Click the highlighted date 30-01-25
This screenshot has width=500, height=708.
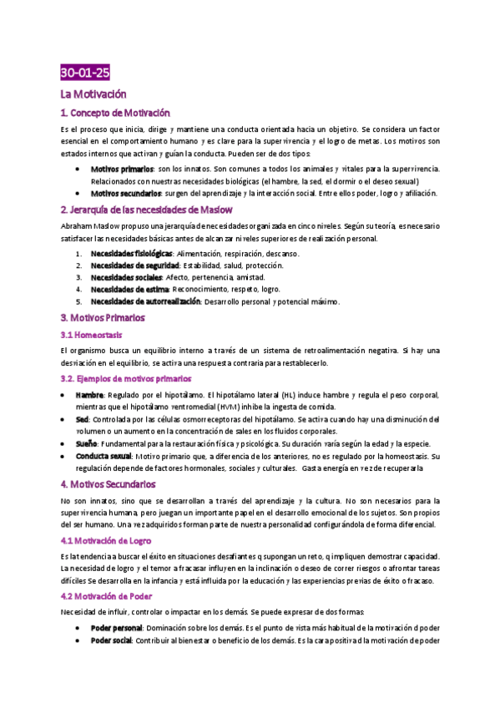coord(85,73)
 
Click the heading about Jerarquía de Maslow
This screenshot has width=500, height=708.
coord(146,209)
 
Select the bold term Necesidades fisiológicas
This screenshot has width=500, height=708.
coord(131,253)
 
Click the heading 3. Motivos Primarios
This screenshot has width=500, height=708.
coord(104,317)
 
